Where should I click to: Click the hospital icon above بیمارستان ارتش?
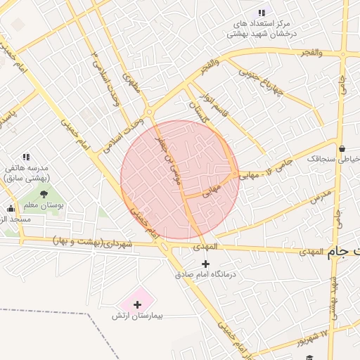(137, 304)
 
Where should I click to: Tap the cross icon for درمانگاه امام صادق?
(205, 263)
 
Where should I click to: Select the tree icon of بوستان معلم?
(44, 193)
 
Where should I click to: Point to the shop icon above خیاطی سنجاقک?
(342, 148)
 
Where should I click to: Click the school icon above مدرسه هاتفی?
(26, 157)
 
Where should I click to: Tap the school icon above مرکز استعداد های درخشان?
(262, 13)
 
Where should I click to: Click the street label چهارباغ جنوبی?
(258, 82)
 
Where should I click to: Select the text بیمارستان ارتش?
(138, 316)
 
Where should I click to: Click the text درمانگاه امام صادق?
(205, 274)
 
